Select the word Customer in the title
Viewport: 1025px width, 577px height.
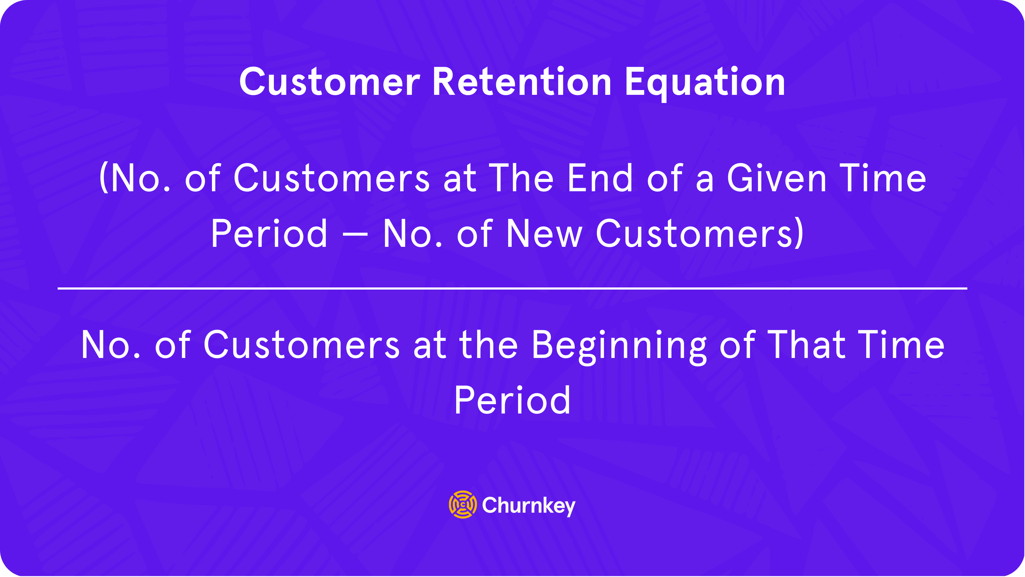pyautogui.click(x=329, y=82)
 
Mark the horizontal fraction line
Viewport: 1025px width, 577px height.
pyautogui.click(x=512, y=288)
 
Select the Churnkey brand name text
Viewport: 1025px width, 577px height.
pyautogui.click(x=529, y=506)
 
